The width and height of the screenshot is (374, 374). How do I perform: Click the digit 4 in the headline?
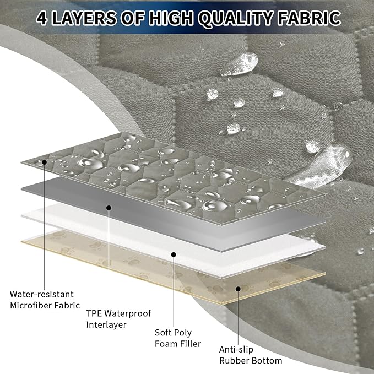(x=42, y=18)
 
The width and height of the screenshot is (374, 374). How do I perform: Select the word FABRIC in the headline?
(x=309, y=18)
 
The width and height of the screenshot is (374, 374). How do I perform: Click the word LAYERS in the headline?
(x=84, y=18)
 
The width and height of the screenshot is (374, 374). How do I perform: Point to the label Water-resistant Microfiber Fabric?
(x=45, y=300)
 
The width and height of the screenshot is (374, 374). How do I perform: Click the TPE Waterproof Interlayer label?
(x=118, y=319)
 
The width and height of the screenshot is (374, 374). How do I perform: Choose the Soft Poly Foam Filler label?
(x=178, y=338)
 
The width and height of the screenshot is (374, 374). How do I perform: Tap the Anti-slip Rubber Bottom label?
(x=251, y=355)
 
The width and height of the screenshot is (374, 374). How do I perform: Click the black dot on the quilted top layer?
(x=45, y=162)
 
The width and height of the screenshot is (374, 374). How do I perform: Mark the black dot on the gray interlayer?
(x=109, y=208)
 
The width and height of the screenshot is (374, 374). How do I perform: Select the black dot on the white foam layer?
(x=174, y=254)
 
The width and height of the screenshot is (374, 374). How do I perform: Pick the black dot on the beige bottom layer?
(x=238, y=289)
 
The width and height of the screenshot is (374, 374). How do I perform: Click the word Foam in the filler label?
(x=166, y=344)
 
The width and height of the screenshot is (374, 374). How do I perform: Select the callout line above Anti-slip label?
(x=238, y=317)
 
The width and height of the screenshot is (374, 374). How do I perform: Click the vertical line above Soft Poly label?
(x=174, y=291)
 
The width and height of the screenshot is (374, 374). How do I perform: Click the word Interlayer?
(x=106, y=324)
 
